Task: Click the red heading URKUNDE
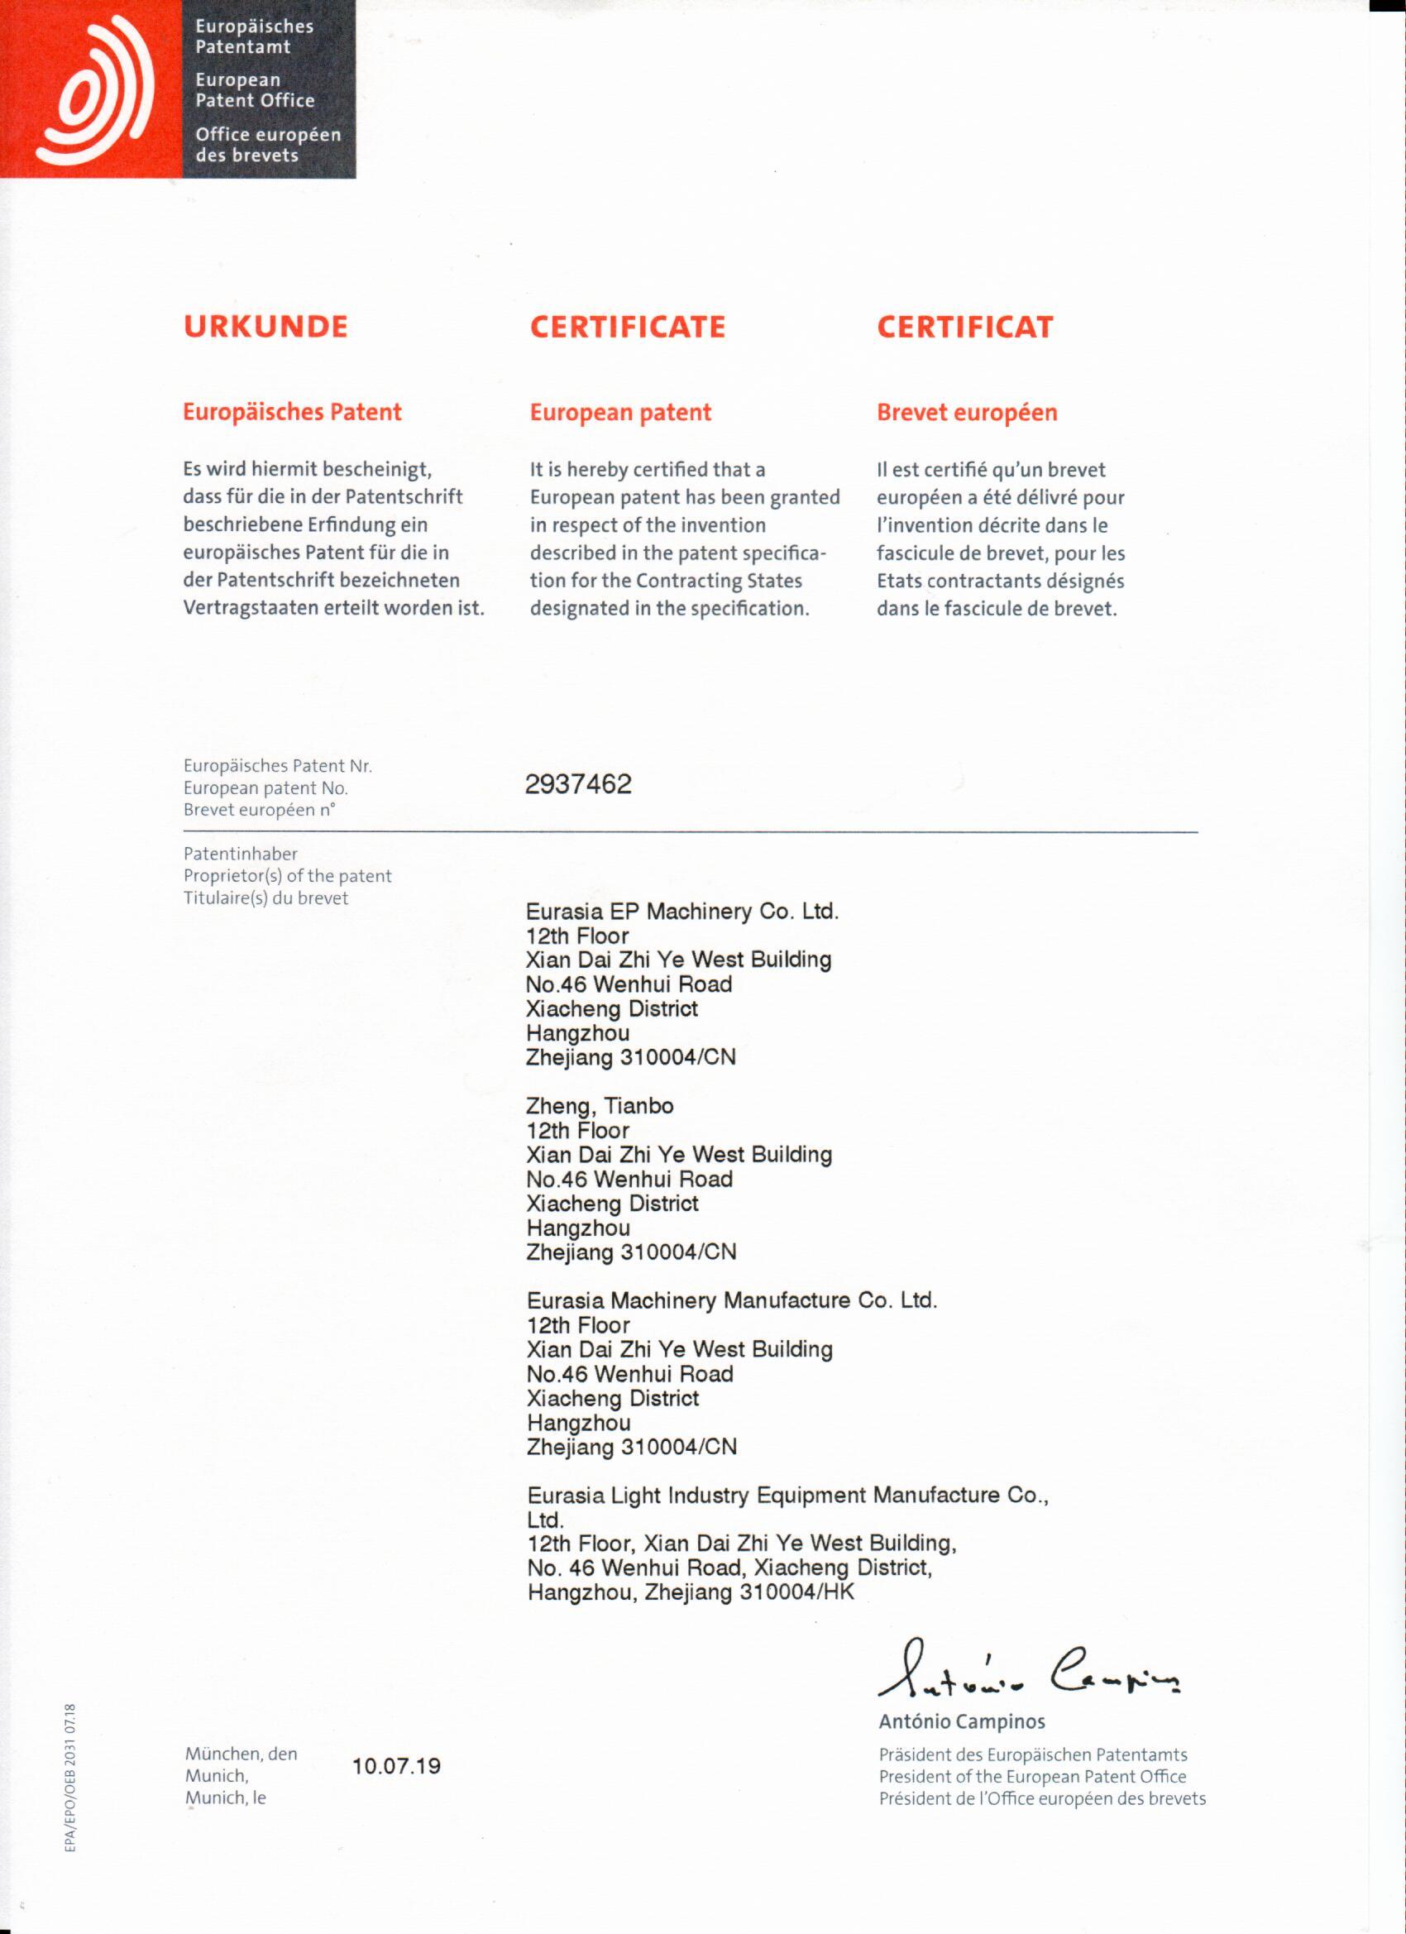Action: (265, 327)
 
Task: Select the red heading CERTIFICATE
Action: (627, 327)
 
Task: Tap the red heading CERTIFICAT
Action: (964, 327)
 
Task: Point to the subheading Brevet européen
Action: (966, 413)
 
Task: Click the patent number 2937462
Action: (578, 784)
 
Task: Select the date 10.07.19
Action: (396, 1765)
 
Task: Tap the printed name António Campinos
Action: (961, 1721)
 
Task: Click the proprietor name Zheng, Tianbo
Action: (600, 1106)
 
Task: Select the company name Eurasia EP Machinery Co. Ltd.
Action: (682, 912)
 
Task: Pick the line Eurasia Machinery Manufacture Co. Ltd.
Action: (732, 1300)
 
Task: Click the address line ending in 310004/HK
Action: (690, 1592)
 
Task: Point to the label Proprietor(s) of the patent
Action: (287, 876)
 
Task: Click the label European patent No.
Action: (265, 788)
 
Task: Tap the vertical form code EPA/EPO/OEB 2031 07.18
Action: (72, 1778)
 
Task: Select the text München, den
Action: (242, 1753)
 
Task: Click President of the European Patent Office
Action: (1031, 1776)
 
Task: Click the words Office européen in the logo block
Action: (268, 135)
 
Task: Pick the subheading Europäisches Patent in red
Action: (292, 413)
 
